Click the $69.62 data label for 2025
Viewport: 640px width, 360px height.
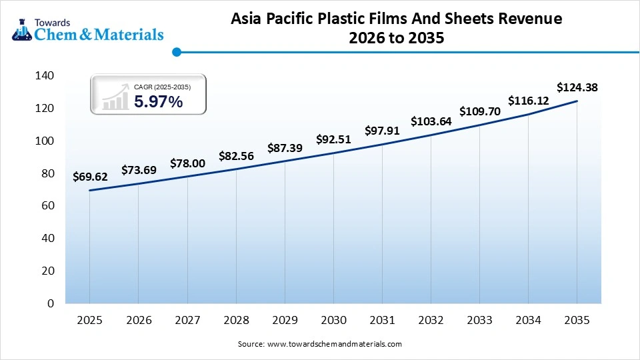click(x=90, y=177)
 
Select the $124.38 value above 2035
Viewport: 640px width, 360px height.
click(x=577, y=87)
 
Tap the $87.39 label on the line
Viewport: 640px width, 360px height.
click(x=285, y=148)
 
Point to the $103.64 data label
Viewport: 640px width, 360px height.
click(x=431, y=121)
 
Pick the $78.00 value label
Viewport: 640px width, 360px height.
click(x=187, y=163)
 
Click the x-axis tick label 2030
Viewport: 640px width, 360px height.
click(x=333, y=321)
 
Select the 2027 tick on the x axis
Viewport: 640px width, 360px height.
click(x=187, y=321)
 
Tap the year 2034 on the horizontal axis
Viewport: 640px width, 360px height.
click(x=529, y=321)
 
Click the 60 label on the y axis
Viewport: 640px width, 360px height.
click(x=47, y=206)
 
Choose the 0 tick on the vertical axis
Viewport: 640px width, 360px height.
click(x=51, y=303)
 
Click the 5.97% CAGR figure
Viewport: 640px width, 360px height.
click(x=158, y=102)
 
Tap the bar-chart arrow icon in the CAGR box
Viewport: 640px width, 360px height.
click(x=115, y=97)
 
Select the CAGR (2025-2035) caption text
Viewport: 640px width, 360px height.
click(x=162, y=87)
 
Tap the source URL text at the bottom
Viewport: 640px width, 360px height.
click(x=320, y=344)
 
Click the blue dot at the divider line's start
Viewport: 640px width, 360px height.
click(x=177, y=51)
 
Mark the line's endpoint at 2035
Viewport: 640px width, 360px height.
click(x=577, y=101)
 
